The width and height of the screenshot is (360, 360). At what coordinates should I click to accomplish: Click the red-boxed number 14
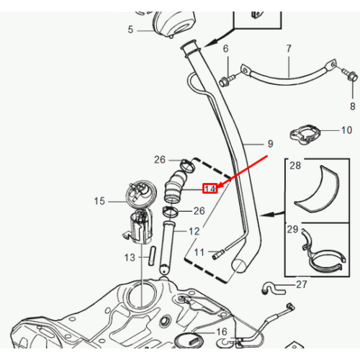[x=210, y=189]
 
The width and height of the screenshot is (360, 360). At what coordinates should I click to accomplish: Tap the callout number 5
[x=130, y=30]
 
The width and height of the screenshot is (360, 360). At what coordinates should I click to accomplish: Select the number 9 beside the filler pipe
[x=271, y=144]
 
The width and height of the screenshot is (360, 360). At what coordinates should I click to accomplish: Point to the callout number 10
[x=346, y=130]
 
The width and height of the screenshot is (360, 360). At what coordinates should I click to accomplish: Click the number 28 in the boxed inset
[x=295, y=166]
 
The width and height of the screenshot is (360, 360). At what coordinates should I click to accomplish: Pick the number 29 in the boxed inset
[x=292, y=229]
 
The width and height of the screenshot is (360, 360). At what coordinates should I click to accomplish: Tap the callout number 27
[x=302, y=284]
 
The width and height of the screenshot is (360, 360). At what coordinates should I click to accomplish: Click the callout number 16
[x=222, y=332]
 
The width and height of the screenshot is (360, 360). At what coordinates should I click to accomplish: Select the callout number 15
[x=99, y=201]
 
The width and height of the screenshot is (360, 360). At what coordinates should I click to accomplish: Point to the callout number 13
[x=130, y=258]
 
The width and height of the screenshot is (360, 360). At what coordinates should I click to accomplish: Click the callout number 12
[x=194, y=231]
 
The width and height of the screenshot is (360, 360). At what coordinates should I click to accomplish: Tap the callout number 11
[x=199, y=252]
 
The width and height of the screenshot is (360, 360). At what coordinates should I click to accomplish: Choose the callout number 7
[x=289, y=49]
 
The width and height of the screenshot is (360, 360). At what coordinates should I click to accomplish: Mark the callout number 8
[x=353, y=106]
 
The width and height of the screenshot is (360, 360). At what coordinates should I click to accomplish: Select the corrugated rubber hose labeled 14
[x=175, y=186]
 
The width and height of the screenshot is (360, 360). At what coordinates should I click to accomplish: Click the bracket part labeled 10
[x=305, y=134]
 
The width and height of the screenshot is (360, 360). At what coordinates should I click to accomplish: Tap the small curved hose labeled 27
[x=273, y=289]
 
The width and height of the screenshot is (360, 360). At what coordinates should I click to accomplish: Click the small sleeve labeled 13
[x=152, y=256]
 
